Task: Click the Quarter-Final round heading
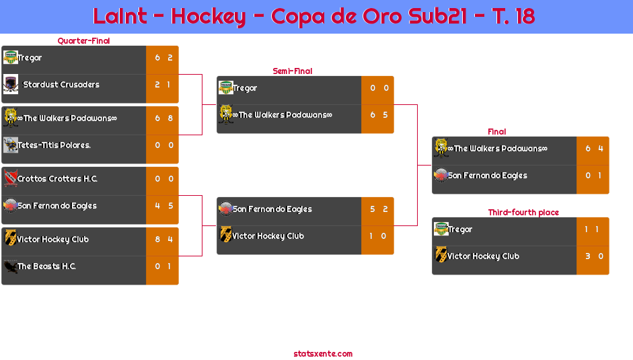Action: tap(83, 41)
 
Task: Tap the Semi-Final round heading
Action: tap(291, 71)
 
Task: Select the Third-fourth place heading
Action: tap(523, 213)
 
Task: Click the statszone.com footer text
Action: tap(323, 353)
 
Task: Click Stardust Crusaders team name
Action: tap(61, 85)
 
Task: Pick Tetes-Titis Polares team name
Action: tap(54, 145)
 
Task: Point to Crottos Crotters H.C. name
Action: tap(57, 179)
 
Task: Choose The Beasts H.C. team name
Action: tap(46, 266)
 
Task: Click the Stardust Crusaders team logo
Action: tap(10, 85)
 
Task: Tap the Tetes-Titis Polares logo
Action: tap(10, 145)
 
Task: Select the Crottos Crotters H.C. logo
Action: tap(10, 179)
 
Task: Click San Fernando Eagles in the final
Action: tap(488, 176)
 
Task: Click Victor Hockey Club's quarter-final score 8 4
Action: tap(163, 240)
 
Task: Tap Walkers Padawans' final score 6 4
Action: tap(594, 149)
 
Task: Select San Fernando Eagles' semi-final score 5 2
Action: tap(379, 209)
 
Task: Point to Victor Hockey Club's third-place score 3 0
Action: tap(594, 256)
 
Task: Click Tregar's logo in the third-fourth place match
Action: tap(441, 229)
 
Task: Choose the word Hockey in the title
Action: tap(208, 16)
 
